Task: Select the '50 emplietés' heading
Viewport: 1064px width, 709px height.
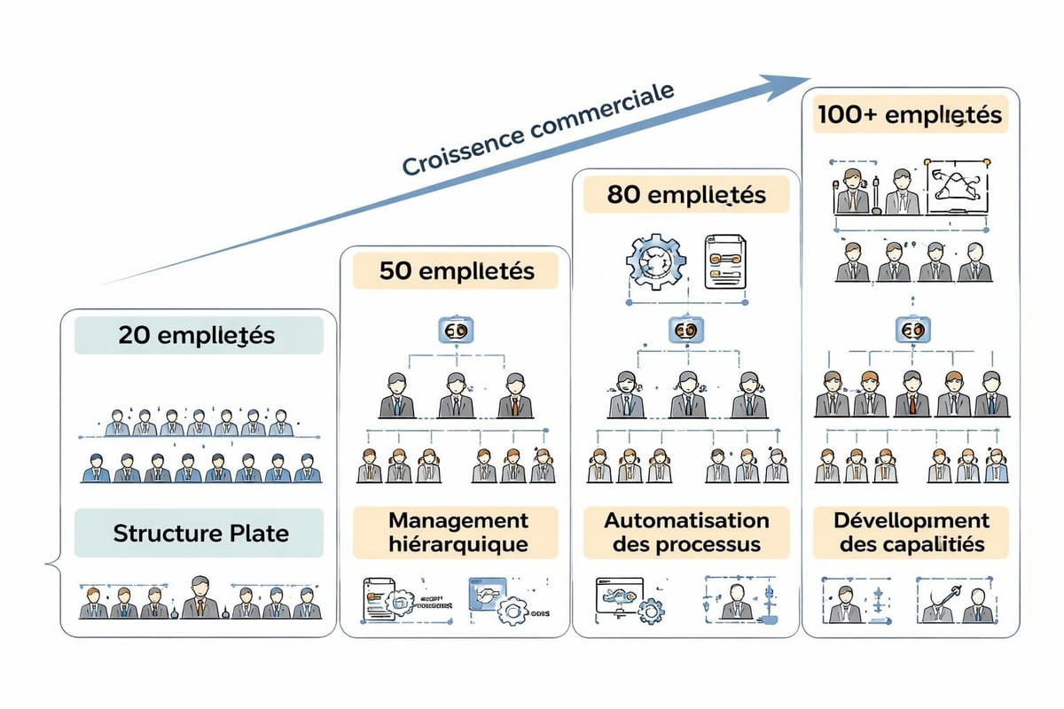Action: pyautogui.click(x=456, y=270)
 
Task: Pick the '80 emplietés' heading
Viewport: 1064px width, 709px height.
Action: pyautogui.click(x=685, y=194)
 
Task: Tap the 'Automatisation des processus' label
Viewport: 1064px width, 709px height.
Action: pyautogui.click(x=685, y=533)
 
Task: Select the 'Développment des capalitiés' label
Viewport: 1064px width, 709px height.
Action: pyautogui.click(x=911, y=533)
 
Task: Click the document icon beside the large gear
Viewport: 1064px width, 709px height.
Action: pyautogui.click(x=724, y=261)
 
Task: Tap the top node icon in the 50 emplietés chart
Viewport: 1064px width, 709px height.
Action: pyautogui.click(x=456, y=331)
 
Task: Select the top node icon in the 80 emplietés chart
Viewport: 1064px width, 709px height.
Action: pyautogui.click(x=685, y=331)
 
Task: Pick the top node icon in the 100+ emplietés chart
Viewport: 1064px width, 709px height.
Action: pyautogui.click(x=911, y=331)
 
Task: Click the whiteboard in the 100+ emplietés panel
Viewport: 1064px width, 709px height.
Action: pyautogui.click(x=958, y=190)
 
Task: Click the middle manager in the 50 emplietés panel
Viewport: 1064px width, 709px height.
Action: pyautogui.click(x=456, y=395)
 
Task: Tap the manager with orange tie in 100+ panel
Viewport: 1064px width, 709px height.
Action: pyautogui.click(x=912, y=394)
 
